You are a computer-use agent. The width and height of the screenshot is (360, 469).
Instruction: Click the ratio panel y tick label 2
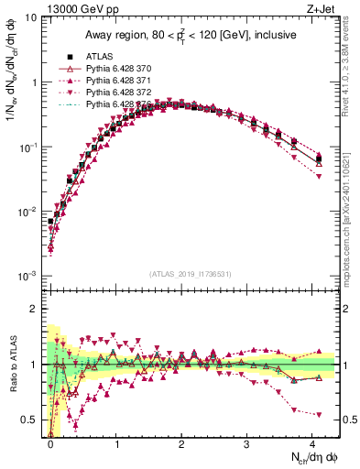pos(36,309)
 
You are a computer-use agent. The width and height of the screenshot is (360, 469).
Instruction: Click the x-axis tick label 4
pos(312,442)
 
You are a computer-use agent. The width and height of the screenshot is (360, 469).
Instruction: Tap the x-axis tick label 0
pos(51,442)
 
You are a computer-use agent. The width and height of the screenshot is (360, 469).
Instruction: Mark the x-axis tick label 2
pos(182,442)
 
